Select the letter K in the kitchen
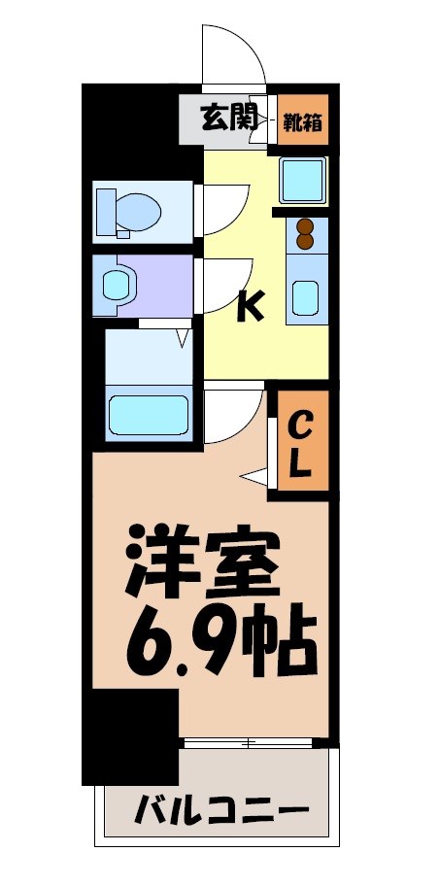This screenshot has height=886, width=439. coord(250,307)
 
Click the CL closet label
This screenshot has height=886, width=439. coord(301,442)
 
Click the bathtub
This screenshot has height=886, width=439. coord(148,415)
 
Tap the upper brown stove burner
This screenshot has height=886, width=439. coord(305,228)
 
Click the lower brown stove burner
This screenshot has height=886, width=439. coord(305,242)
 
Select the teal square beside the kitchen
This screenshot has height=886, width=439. coord(304,178)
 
